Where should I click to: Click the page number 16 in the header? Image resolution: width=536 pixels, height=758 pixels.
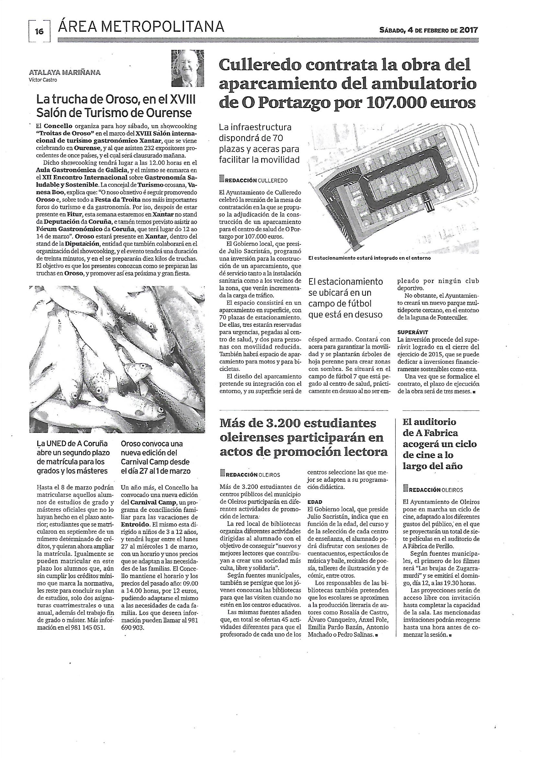point(39,32)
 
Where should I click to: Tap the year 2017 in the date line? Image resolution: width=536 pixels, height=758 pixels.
point(468,30)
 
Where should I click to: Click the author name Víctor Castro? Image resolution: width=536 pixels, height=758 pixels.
point(43,79)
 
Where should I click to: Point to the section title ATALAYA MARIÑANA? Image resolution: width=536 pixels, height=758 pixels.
point(64,73)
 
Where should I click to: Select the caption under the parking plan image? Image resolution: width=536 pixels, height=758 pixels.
point(369,258)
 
